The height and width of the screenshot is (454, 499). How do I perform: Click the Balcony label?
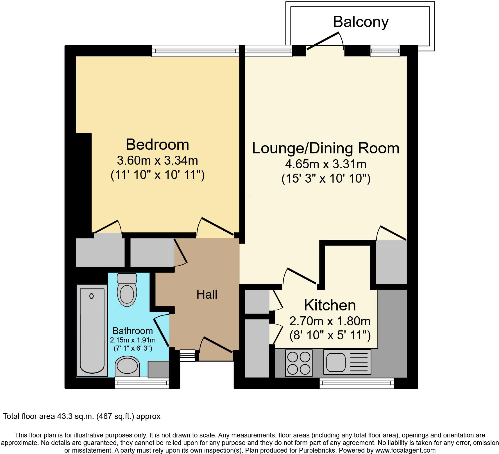tap(361, 22)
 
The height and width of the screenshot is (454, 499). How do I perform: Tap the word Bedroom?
tap(157, 145)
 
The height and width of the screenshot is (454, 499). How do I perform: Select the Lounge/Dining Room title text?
tap(326, 148)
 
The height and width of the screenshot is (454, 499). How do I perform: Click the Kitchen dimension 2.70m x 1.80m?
tap(330, 321)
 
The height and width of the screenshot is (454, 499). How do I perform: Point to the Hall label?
tap(207, 294)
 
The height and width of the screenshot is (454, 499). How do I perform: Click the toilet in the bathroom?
tap(127, 290)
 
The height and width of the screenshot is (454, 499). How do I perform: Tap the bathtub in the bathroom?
tap(92, 330)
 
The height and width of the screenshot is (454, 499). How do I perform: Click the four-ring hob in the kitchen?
tap(299, 363)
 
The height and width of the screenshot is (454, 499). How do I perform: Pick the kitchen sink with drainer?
tap(347, 362)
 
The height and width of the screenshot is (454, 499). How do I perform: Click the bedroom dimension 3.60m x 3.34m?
tap(157, 161)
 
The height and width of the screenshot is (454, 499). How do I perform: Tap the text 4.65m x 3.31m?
tap(326, 164)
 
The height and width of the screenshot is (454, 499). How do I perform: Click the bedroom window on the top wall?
tap(195, 51)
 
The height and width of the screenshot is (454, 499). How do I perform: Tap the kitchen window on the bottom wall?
tap(357, 383)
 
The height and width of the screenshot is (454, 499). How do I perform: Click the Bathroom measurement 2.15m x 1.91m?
tap(133, 340)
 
